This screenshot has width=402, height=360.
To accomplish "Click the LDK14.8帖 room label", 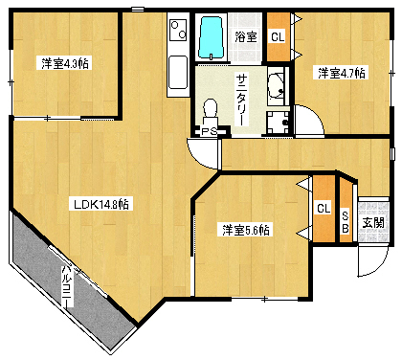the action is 101,204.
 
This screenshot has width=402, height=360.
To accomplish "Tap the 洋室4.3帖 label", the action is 65,63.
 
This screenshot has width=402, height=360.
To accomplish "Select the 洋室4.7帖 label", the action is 341,73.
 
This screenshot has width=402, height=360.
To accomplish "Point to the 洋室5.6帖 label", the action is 245,230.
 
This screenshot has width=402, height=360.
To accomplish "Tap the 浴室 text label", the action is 246,37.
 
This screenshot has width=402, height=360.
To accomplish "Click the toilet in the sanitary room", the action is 210,112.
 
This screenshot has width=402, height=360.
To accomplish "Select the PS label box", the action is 210,131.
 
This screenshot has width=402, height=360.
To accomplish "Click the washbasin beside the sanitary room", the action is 276,86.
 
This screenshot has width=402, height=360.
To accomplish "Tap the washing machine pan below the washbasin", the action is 279,123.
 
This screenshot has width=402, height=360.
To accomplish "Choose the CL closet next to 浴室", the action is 278,37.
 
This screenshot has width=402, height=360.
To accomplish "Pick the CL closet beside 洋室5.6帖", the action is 324,209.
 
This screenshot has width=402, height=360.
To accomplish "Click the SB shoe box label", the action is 346,222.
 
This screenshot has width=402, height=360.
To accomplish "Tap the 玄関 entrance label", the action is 373,222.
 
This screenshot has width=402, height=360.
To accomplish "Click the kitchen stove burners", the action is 178,30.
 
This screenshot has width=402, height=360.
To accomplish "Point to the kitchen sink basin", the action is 178,73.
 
